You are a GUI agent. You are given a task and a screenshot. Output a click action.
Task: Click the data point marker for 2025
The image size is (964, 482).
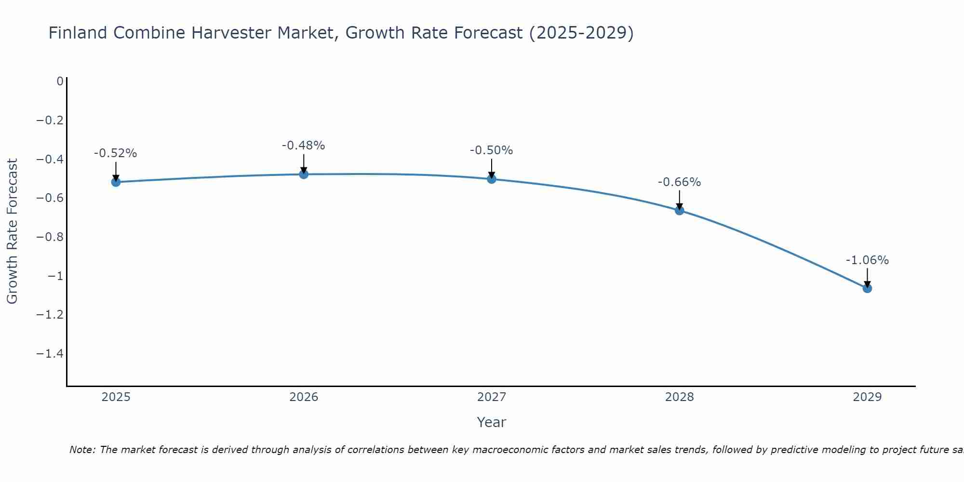(x=116, y=182)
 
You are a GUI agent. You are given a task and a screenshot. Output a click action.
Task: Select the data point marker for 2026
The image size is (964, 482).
(x=304, y=174)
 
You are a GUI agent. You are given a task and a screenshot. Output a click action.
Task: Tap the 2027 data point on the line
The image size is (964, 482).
(x=492, y=179)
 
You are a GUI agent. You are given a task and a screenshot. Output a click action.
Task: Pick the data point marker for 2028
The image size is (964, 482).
(x=680, y=210)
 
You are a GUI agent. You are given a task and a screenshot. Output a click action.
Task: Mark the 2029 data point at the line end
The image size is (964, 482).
(x=867, y=288)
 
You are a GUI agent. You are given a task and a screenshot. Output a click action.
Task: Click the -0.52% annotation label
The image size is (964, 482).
(x=116, y=154)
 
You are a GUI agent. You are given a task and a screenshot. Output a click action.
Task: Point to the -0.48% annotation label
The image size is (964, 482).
(x=304, y=146)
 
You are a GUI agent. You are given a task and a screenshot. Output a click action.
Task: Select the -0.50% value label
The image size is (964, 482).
(x=492, y=150)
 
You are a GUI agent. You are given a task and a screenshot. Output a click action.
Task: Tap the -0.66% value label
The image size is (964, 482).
(x=680, y=182)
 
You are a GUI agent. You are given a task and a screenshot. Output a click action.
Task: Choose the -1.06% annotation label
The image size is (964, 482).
(x=867, y=260)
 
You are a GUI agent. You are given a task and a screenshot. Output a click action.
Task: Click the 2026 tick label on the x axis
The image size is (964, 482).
(x=304, y=397)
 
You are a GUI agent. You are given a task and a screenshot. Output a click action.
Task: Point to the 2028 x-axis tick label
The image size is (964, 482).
(x=680, y=397)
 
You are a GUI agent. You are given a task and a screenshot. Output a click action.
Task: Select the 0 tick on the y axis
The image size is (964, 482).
(x=60, y=81)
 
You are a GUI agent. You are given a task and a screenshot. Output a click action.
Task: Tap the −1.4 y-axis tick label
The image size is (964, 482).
(x=50, y=354)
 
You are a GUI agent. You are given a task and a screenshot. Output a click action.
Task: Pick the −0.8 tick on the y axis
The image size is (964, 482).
(x=50, y=237)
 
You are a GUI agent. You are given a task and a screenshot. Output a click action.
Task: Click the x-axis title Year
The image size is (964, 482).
(x=491, y=422)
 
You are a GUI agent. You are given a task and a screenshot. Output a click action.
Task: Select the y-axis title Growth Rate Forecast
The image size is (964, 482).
(x=12, y=231)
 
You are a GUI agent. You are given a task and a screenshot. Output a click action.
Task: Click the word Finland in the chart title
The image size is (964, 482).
(x=78, y=33)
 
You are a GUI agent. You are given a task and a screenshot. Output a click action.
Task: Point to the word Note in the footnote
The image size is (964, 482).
(x=82, y=450)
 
